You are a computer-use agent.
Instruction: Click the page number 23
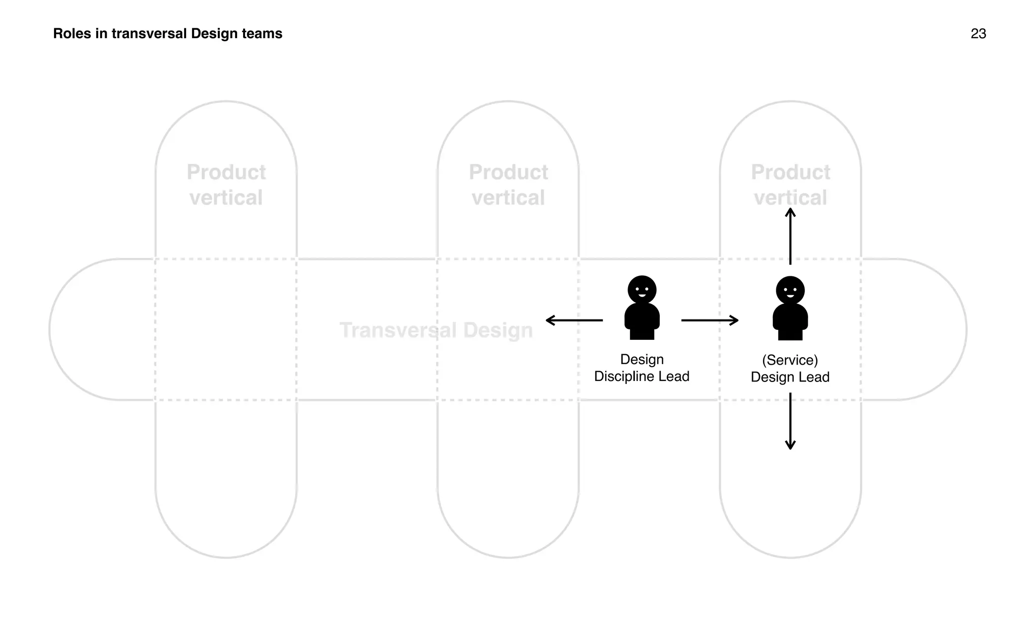click(x=978, y=34)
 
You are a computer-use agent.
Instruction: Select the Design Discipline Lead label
click(x=641, y=368)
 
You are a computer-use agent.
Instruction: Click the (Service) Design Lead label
click(x=790, y=369)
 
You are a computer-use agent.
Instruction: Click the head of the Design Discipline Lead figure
click(x=642, y=290)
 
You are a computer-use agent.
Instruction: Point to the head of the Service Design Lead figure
click(x=790, y=290)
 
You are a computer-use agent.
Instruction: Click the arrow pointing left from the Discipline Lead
click(x=574, y=320)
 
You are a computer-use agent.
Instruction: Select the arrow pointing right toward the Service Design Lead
click(x=710, y=320)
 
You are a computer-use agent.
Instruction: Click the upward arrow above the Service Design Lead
click(x=790, y=236)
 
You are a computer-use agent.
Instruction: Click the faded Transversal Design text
click(x=436, y=330)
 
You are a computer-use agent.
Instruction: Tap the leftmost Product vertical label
click(x=226, y=185)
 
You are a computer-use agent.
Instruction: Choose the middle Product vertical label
click(x=508, y=185)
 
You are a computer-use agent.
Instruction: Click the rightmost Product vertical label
click(x=790, y=185)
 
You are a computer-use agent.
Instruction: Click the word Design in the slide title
click(x=214, y=34)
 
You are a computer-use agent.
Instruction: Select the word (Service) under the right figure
click(x=790, y=360)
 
